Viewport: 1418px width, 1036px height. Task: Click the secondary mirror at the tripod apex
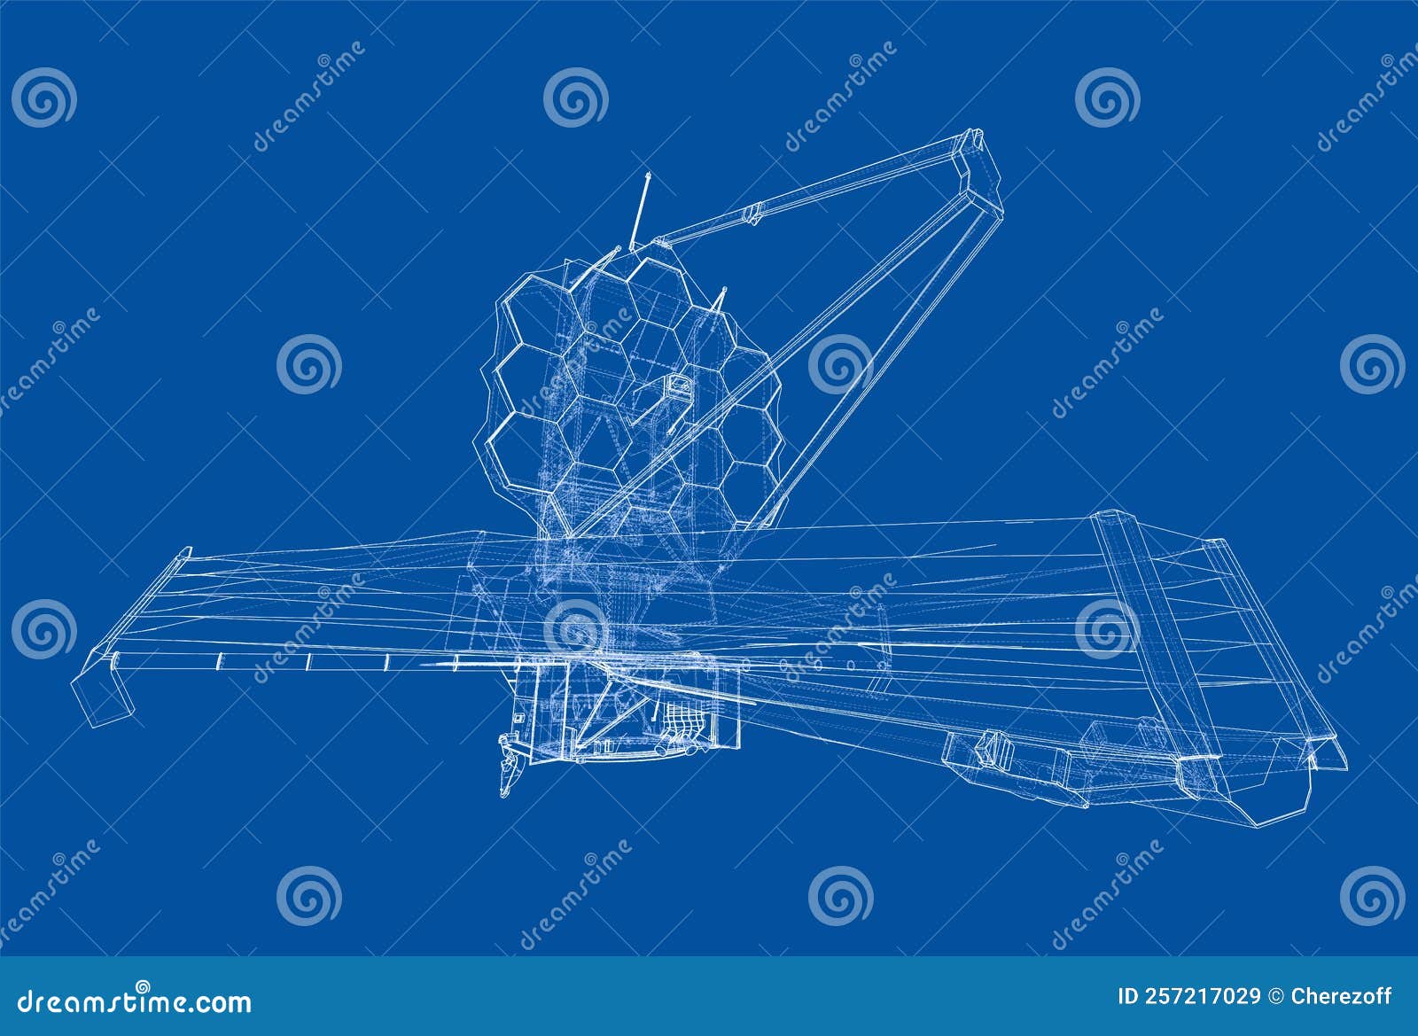pos(978,164)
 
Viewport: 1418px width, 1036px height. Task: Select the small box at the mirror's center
pos(679,386)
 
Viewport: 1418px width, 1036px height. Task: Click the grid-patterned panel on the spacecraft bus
pos(682,718)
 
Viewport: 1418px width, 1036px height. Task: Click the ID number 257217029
pos(1190,997)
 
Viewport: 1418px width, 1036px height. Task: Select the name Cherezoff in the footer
pos(1342,997)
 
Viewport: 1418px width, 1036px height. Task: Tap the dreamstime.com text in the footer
pos(135,1001)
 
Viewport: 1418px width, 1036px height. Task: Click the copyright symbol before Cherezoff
pos(1277,997)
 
